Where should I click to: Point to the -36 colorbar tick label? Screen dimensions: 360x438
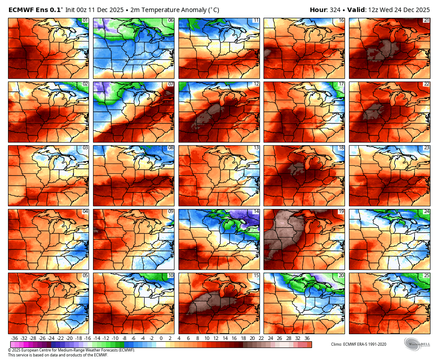coord(15,339)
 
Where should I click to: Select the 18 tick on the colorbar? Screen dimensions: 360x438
coord(243,339)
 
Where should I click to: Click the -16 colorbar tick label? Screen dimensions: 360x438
coord(87,339)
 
